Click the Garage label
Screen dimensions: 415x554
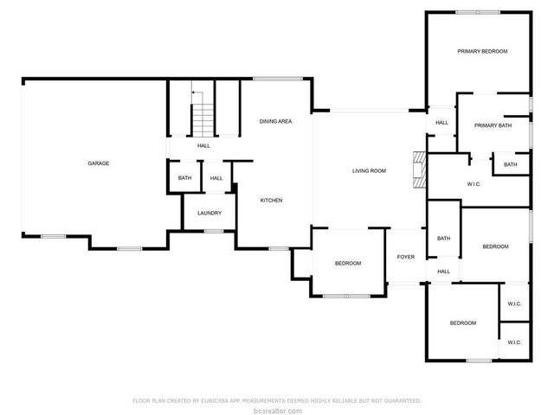pyautogui.click(x=98, y=163)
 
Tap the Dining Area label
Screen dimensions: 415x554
pyautogui.click(x=275, y=121)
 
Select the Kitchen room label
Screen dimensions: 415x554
pyautogui.click(x=272, y=201)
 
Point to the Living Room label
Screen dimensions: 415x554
pyautogui.click(x=369, y=171)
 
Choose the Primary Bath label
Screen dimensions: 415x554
pyautogui.click(x=493, y=126)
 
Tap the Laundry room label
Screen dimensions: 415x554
pyautogui.click(x=209, y=213)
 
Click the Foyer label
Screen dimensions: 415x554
pyautogui.click(x=406, y=257)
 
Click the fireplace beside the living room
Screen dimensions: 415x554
pyautogui.click(x=420, y=169)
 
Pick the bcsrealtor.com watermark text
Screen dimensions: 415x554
pyautogui.click(x=277, y=410)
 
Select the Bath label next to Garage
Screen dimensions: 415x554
pyautogui.click(x=184, y=178)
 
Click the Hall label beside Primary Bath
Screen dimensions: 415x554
pyautogui.click(x=441, y=123)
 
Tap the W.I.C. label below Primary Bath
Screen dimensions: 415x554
pyautogui.click(x=473, y=183)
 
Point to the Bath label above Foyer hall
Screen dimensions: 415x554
pyautogui.click(x=444, y=239)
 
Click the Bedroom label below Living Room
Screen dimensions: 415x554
pyautogui.click(x=347, y=263)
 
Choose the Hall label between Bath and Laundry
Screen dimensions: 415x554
pyautogui.click(x=216, y=178)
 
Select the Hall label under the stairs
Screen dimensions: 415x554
pyautogui.click(x=203, y=145)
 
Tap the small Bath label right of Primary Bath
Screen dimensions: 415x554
pyautogui.click(x=511, y=164)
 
